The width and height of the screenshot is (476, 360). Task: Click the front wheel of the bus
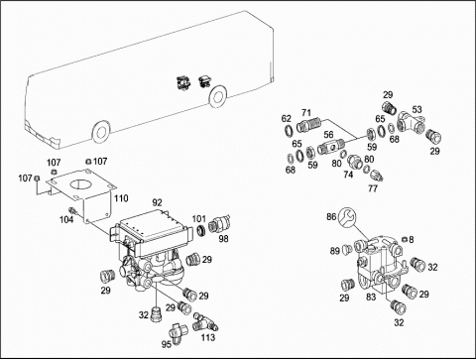(x=101, y=132)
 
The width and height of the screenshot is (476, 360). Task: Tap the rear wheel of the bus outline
(x=218, y=96)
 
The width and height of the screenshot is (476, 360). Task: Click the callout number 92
(x=158, y=202)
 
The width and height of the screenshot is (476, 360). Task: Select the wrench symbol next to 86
(x=348, y=217)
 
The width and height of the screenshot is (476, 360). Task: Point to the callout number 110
(x=121, y=198)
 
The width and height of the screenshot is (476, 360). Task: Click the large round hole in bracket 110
(x=79, y=184)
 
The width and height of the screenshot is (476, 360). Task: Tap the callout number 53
(x=416, y=109)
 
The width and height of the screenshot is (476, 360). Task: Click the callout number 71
(x=306, y=113)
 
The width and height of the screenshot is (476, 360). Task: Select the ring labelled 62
(x=289, y=130)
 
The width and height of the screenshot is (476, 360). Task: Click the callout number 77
(x=373, y=188)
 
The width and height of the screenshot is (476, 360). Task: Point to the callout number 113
(x=208, y=337)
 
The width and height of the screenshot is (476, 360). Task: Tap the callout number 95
(x=167, y=344)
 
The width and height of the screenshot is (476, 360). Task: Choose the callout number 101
(x=199, y=218)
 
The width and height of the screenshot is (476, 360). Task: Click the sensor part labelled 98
(x=219, y=224)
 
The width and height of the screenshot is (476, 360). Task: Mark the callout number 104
(x=66, y=219)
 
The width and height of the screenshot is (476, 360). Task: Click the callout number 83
(x=371, y=297)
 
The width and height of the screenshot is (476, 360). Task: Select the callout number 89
(x=335, y=251)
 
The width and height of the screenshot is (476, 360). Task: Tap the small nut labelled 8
(x=404, y=239)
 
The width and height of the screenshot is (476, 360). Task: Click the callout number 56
(x=328, y=135)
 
